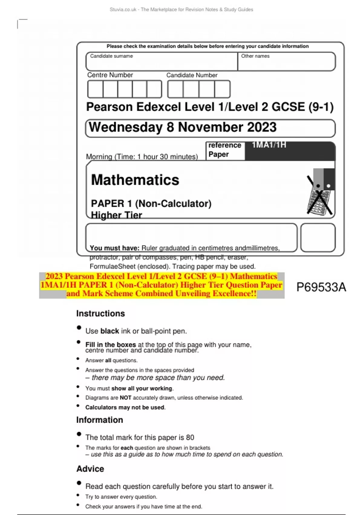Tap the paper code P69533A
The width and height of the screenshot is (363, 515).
[x=321, y=287]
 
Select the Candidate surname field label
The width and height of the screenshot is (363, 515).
[x=111, y=56]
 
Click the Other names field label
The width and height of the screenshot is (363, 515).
[x=255, y=56]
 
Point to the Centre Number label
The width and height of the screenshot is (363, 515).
[x=110, y=75]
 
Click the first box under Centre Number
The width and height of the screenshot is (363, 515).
[x=95, y=89]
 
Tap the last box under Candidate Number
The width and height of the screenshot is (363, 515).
[x=222, y=89]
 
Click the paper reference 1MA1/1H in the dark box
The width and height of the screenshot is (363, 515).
[x=269, y=145]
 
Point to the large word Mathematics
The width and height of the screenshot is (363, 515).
[x=135, y=180]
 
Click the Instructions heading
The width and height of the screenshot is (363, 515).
[x=100, y=314]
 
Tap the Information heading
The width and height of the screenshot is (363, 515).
[x=100, y=420]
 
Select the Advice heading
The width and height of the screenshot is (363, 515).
[x=90, y=469]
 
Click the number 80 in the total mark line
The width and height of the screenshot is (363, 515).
[x=190, y=437]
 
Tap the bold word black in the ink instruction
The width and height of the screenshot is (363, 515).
[x=110, y=331]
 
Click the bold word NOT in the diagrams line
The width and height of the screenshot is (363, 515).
[x=126, y=398]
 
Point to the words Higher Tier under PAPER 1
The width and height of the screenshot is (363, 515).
[x=116, y=215]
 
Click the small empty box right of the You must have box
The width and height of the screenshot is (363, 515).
[x=318, y=238]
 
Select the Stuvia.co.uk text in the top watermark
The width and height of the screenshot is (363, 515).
[x=123, y=10]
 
